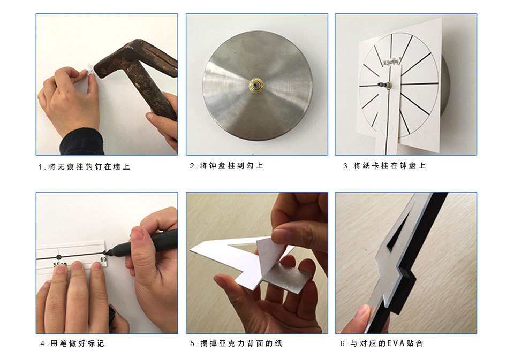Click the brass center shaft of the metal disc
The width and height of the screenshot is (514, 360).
(x=257, y=86)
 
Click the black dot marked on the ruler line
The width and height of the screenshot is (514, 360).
(x=59, y=257)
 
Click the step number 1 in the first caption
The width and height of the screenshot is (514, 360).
(x=41, y=167)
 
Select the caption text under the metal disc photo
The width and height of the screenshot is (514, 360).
(x=226, y=166)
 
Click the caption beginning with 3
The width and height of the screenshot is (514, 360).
(x=384, y=166)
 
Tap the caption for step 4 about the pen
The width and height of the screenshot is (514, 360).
(x=72, y=343)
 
